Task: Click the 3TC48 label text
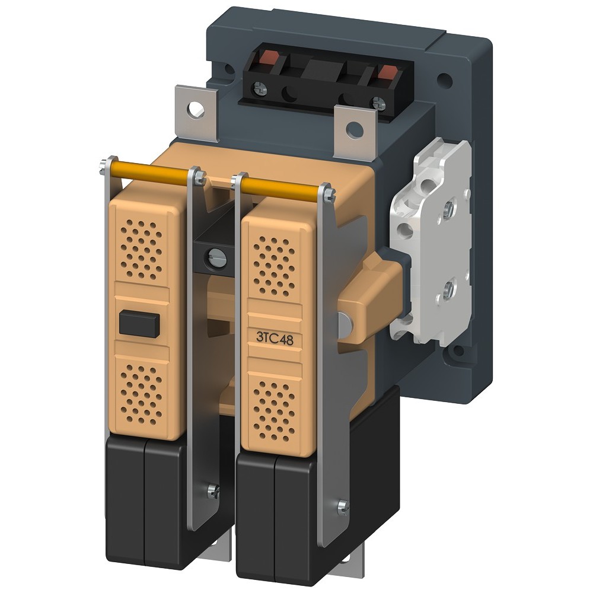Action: (x=275, y=338)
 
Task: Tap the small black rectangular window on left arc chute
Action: (x=138, y=324)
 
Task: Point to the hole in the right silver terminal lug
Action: (x=355, y=129)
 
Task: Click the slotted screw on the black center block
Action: (x=216, y=259)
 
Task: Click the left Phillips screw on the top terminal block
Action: (x=260, y=88)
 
